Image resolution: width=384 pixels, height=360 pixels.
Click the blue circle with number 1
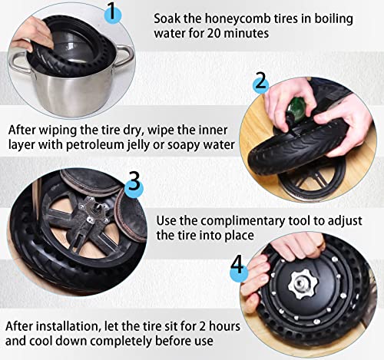coord(113,14)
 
